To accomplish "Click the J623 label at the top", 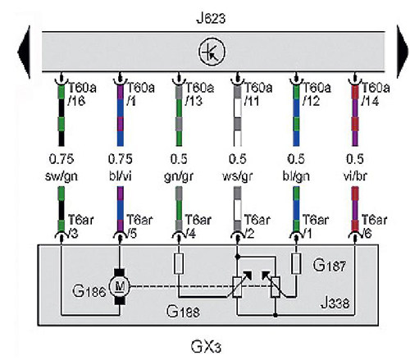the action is [x=211, y=19].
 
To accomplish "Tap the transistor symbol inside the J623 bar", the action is [x=212, y=52].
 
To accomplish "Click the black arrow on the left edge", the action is [x=24, y=52].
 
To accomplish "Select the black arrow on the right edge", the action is [x=403, y=52].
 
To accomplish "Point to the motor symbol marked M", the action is [x=120, y=286].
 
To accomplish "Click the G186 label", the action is [x=89, y=291].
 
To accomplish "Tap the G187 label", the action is [x=329, y=265].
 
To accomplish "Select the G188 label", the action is [x=183, y=312].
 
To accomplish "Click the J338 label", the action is [x=335, y=303].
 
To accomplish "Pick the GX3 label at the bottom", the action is [x=206, y=347].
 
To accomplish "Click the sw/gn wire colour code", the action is [x=61, y=176].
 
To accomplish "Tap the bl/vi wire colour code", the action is [x=121, y=176].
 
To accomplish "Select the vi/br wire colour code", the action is [x=355, y=176].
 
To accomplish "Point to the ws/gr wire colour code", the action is [x=237, y=176].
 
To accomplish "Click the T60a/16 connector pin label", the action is [x=82, y=94].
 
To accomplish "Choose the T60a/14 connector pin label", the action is [x=376, y=94].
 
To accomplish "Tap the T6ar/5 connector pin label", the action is [x=139, y=226].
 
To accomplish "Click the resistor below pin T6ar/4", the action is [x=179, y=263].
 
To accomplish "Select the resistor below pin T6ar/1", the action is [x=296, y=263].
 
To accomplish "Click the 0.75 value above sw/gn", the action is [x=61, y=159].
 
